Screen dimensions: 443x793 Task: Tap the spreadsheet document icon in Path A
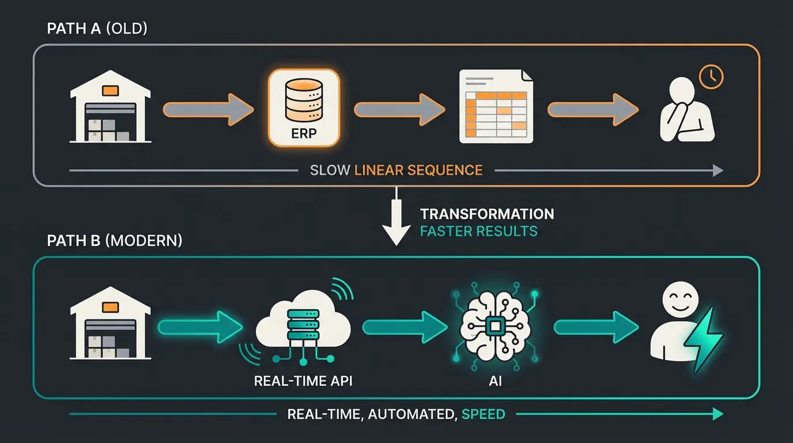pos(496,106)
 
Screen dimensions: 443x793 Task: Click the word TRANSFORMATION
pos(487,214)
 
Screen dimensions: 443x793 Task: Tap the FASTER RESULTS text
pos(478,231)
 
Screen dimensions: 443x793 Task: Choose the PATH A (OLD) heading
pos(97,29)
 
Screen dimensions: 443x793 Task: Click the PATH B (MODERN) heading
pos(114,240)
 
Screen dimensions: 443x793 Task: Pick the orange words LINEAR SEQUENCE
pos(418,170)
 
